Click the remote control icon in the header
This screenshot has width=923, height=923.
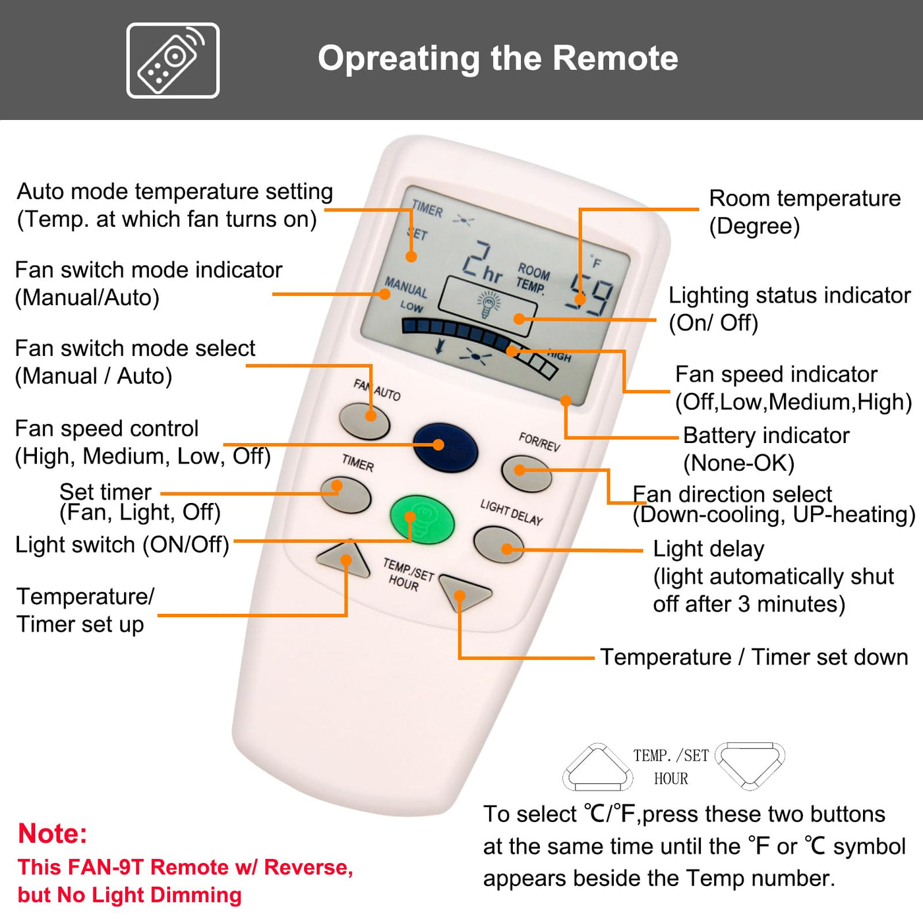point(173,61)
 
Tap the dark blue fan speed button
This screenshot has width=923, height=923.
point(445,447)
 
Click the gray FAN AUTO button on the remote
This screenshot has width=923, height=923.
point(365,421)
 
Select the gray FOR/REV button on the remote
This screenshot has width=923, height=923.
point(526,473)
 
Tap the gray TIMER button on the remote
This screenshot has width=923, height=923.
point(346,494)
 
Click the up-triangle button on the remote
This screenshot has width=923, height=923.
point(343,559)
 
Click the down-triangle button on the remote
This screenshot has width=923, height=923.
point(464,592)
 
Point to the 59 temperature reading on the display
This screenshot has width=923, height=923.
point(590,293)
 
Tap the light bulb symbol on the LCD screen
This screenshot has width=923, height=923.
point(489,305)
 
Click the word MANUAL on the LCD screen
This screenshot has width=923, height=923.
point(406,287)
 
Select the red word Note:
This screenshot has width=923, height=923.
point(53,833)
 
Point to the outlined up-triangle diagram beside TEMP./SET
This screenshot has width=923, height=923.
point(597,767)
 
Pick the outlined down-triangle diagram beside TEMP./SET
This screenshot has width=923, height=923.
point(750,765)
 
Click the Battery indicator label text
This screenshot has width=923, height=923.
point(766,436)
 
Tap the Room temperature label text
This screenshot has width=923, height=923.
point(804,198)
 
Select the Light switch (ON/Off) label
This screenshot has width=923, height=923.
point(122,545)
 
